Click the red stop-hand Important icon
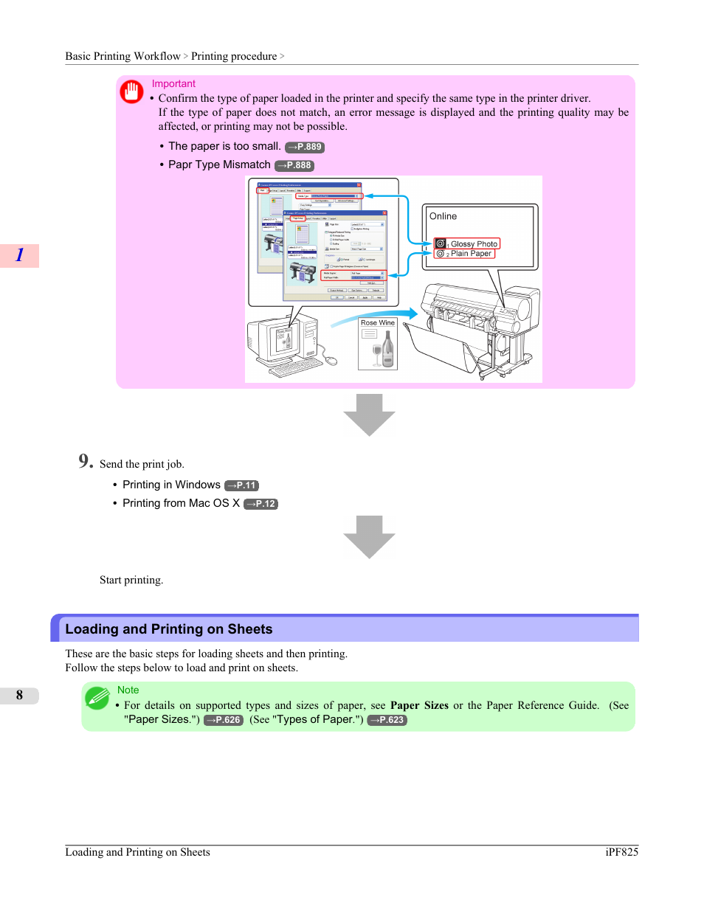coord(131,91)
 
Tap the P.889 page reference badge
coord(305,147)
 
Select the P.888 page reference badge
coord(294,165)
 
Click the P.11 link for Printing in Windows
coord(241,485)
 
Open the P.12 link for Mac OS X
coord(260,504)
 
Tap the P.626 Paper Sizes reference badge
coord(224,720)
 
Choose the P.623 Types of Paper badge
coord(387,720)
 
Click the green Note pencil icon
coord(97,697)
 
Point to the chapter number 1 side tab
coord(20,255)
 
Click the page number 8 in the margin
coord(20,695)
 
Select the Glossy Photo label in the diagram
coord(474,243)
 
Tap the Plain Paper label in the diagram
coord(471,254)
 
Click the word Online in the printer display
coord(443,216)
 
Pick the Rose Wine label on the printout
coord(378,322)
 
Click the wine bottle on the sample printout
coord(388,350)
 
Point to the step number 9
coord(86,461)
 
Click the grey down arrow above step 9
coord(369,414)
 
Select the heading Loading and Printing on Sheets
coord(169,629)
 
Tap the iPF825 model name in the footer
coord(621,852)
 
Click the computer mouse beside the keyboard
coord(331,360)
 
